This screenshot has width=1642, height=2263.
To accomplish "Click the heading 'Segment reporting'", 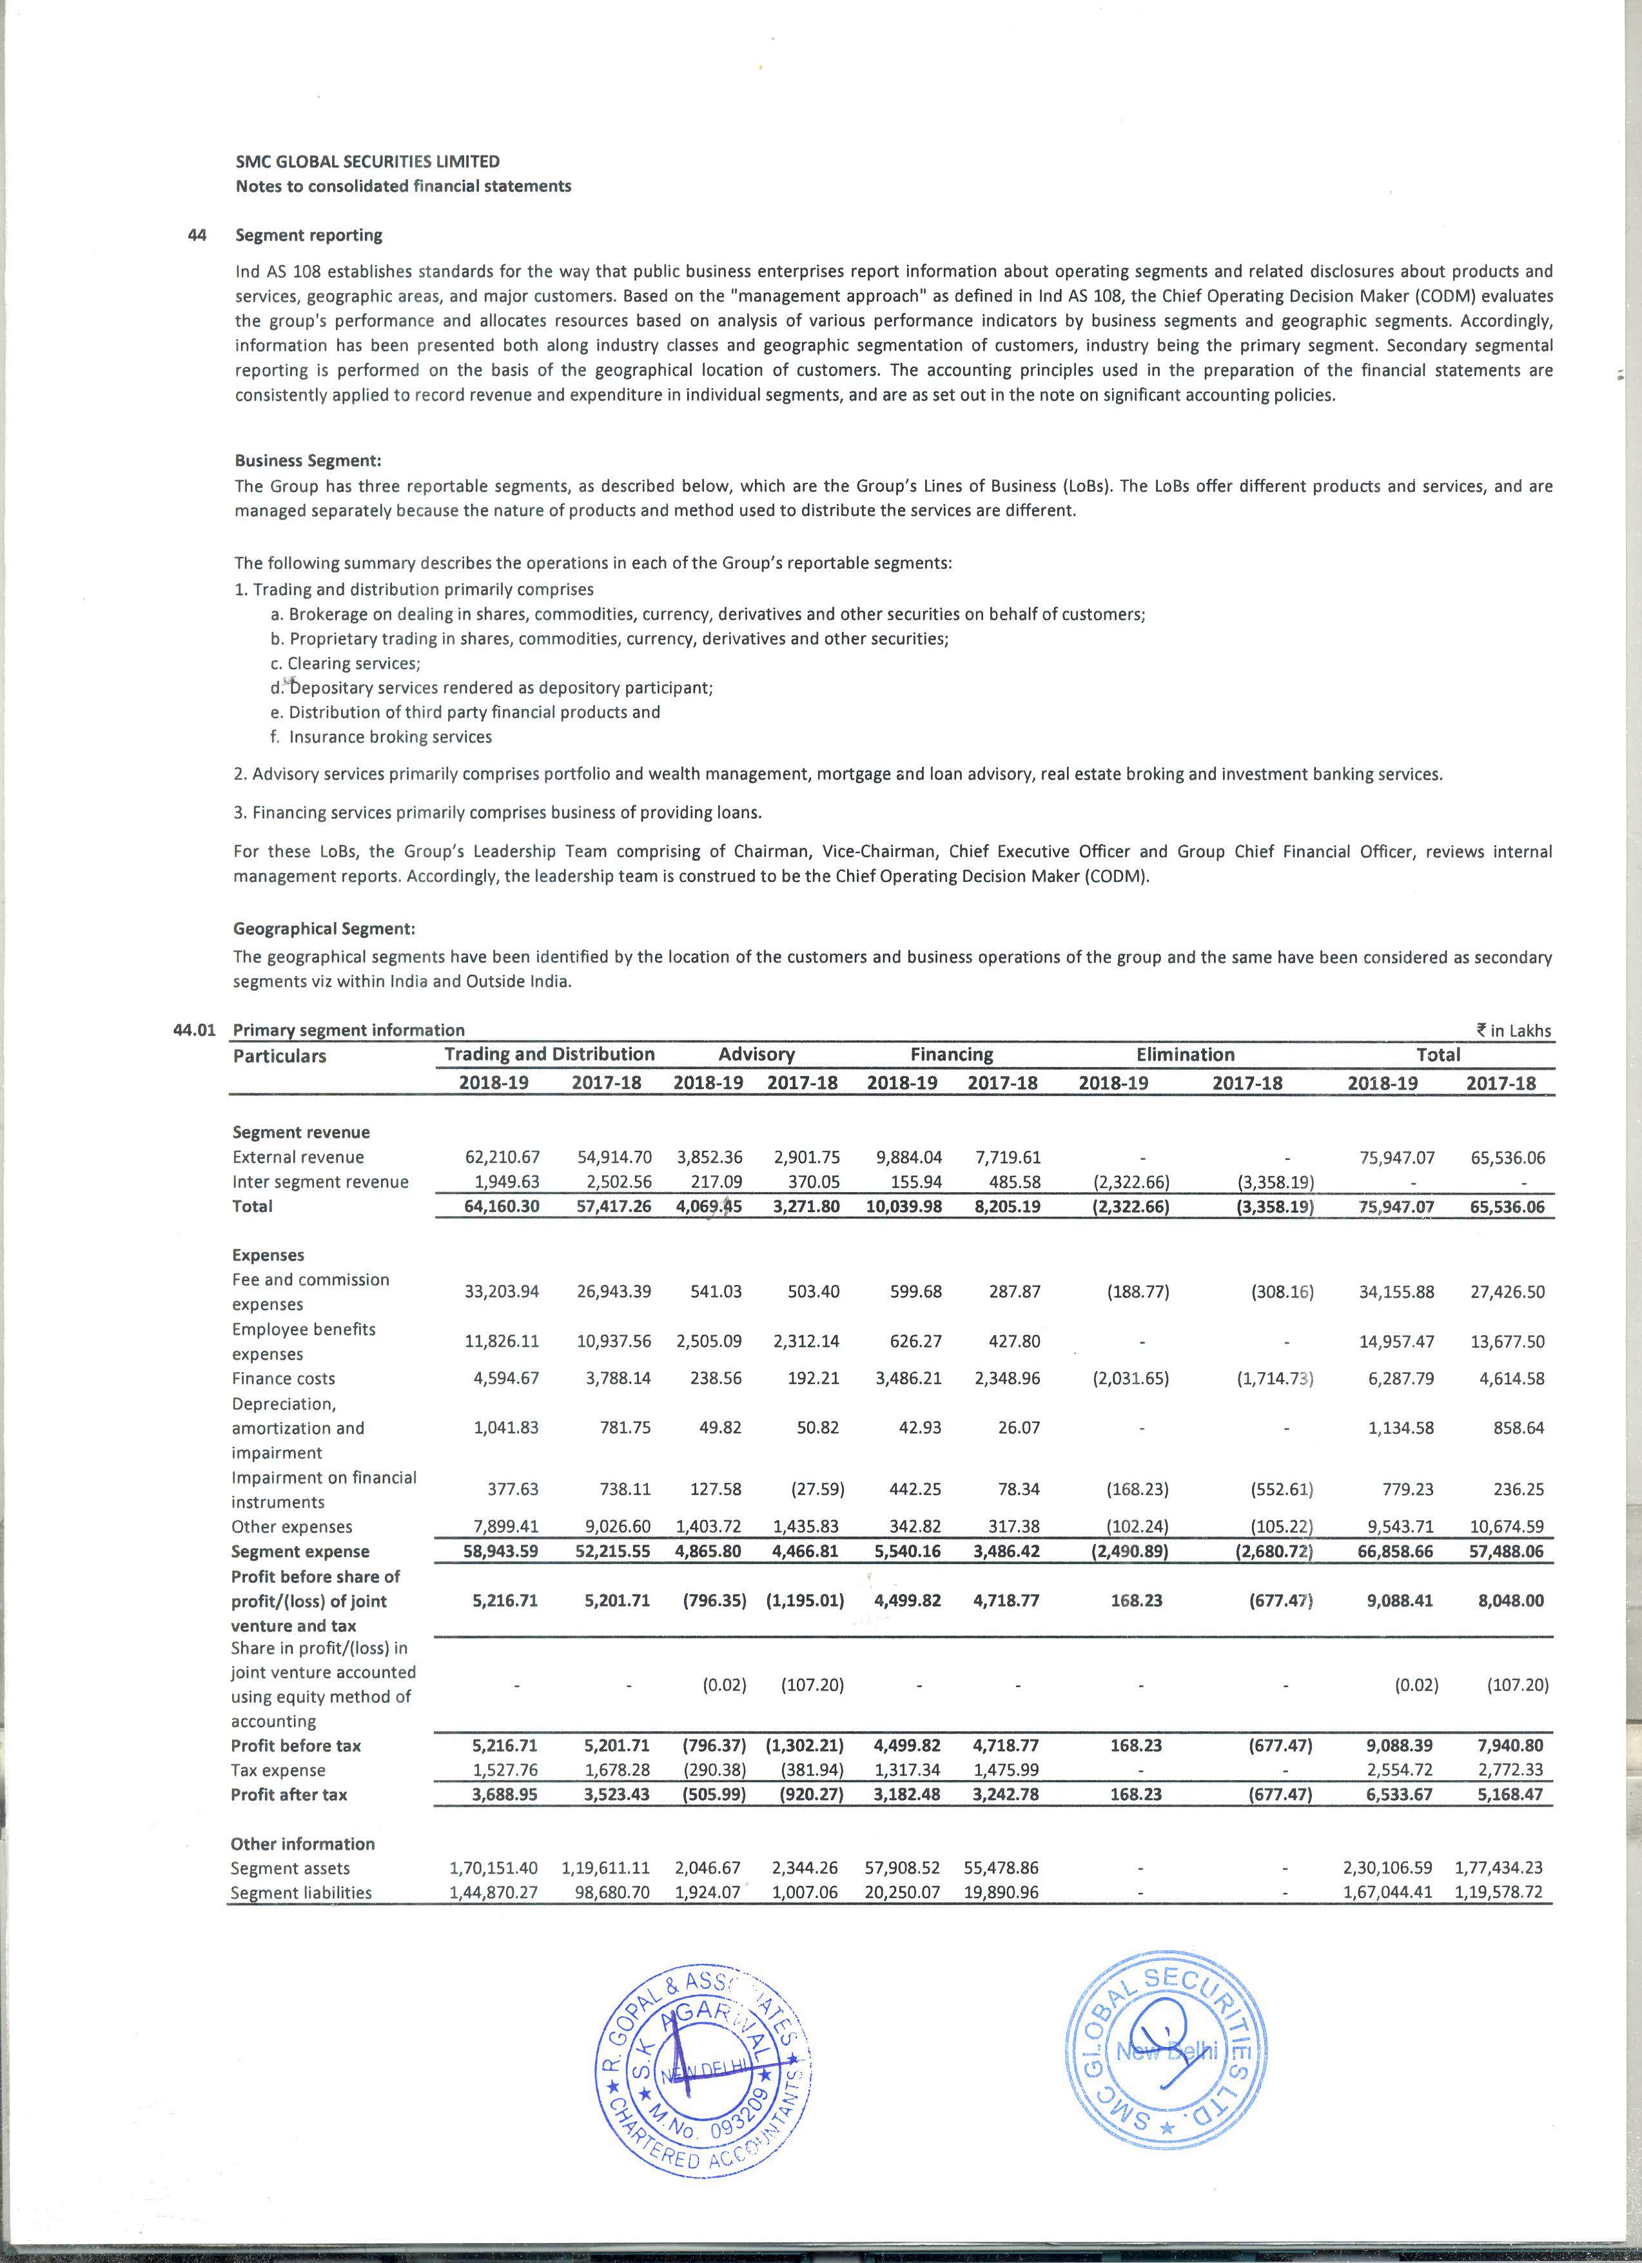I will coord(308,235).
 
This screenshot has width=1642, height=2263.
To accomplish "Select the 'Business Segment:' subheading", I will coord(308,461).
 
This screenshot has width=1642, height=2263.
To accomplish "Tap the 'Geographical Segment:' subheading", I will coord(323,929).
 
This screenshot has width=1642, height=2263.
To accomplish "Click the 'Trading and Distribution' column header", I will coord(550,1055).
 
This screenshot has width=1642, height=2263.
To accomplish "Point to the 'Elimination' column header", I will coord(1185,1055).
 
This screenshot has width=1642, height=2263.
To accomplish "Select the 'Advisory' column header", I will coord(756,1055).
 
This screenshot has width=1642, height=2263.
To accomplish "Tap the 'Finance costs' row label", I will coord(283,1379).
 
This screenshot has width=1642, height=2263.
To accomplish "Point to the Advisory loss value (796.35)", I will coord(714,1600).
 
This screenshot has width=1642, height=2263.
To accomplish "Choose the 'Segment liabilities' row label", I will coord(300,1893).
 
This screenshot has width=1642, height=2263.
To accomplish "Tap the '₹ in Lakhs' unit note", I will coord(1514,1031).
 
